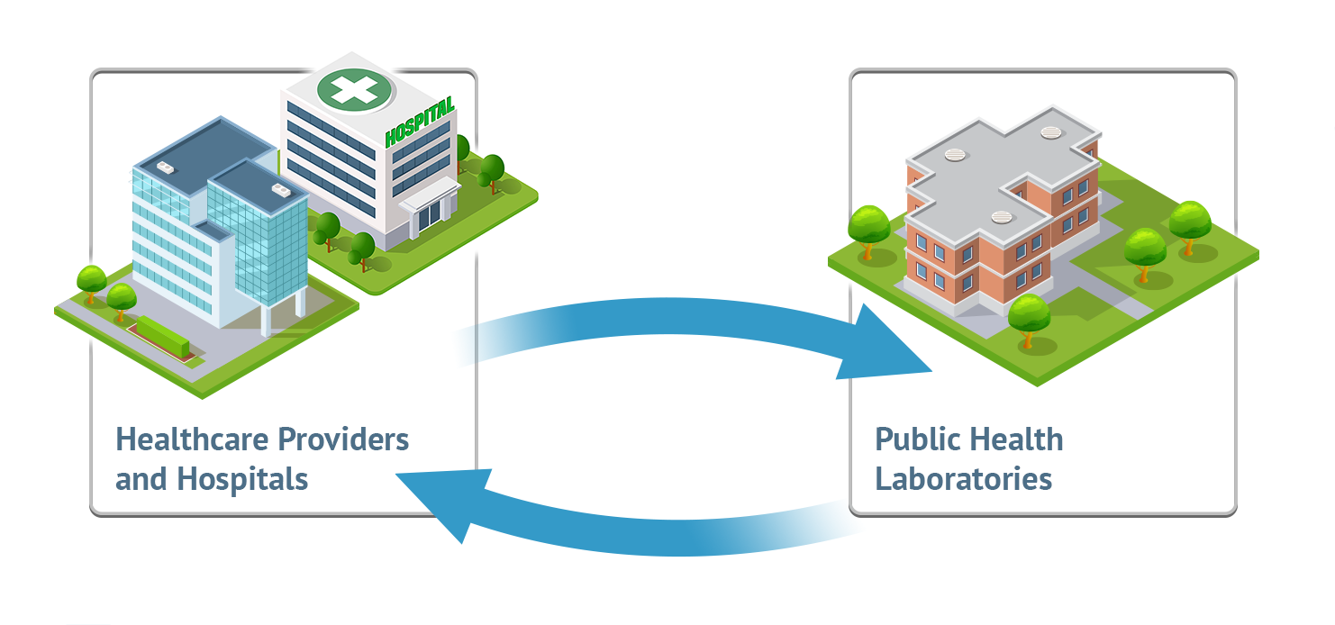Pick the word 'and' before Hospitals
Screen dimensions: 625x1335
point(141,478)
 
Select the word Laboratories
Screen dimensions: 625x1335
point(964,478)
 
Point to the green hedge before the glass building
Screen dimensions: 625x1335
point(163,334)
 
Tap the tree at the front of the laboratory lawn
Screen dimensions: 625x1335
point(1029,316)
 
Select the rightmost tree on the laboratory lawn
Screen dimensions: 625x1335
point(1190,222)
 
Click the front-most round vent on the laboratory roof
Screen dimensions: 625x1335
point(1004,217)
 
